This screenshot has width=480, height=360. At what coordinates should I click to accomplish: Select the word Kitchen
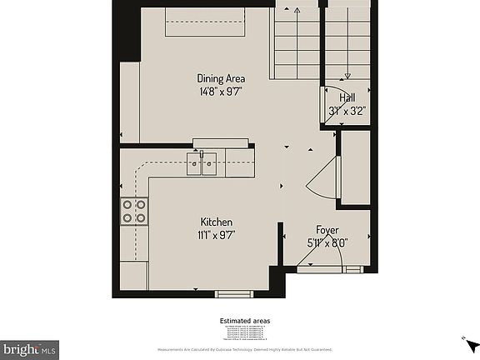(x=216, y=222)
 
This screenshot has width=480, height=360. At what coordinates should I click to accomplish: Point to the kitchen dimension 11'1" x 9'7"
(x=216, y=234)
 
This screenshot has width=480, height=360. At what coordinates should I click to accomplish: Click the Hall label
(x=347, y=97)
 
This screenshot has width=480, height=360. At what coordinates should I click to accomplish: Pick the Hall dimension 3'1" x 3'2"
(x=347, y=109)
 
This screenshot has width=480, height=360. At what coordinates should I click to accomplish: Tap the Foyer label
(x=327, y=230)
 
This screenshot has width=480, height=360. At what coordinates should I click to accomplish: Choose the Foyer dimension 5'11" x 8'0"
(x=327, y=242)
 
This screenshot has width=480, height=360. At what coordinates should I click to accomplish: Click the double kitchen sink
(x=202, y=164)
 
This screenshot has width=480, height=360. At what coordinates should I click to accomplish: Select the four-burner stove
(x=134, y=212)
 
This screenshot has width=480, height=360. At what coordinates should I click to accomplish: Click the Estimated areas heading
(x=244, y=320)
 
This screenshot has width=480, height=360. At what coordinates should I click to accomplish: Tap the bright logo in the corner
(x=30, y=349)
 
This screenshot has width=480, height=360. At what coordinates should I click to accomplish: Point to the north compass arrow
(x=471, y=343)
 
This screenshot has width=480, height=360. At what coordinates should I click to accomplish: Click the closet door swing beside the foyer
(x=322, y=177)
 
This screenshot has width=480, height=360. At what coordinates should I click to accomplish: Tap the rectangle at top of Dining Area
(x=204, y=22)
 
